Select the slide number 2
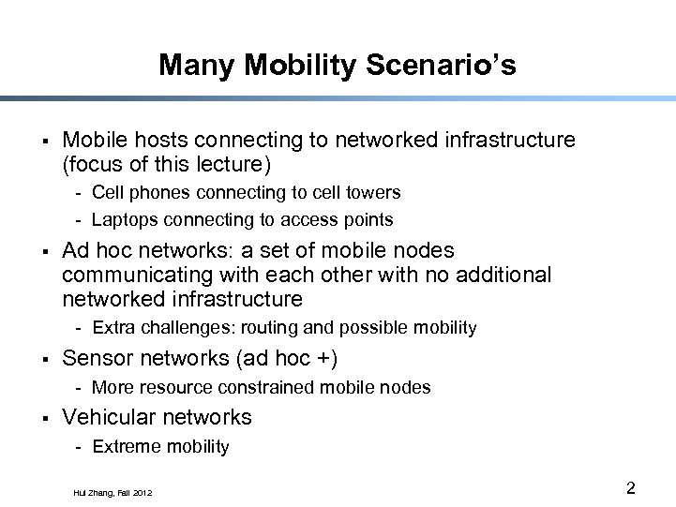631,487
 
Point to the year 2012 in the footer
142,492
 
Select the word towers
372,192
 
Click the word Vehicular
106,417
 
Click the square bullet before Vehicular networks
45,418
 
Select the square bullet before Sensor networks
45,359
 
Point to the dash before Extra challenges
82,328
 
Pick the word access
302,220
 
